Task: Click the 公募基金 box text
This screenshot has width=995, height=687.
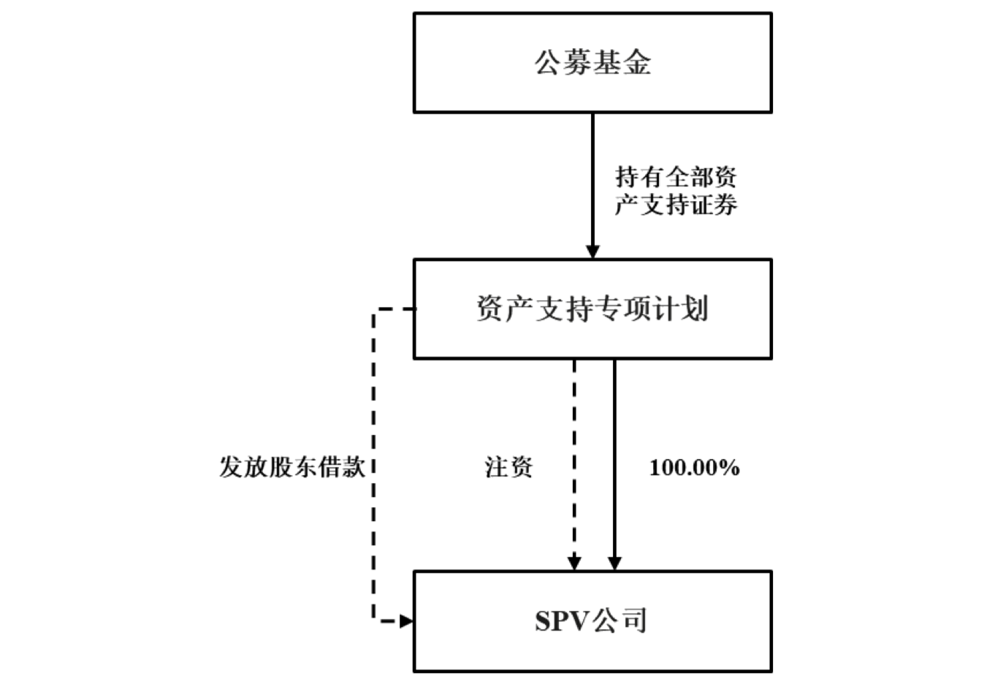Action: click(x=592, y=63)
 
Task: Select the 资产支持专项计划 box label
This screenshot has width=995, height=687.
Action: click(x=592, y=308)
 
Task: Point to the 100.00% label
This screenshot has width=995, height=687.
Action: click(x=694, y=468)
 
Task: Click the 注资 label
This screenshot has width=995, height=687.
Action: click(x=509, y=467)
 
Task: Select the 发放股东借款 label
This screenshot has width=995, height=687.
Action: click(x=292, y=467)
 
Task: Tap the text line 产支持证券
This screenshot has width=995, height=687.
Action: click(x=676, y=205)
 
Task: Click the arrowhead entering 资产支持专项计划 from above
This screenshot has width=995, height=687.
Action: click(x=592, y=251)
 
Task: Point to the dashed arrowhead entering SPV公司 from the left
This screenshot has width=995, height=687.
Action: click(x=406, y=621)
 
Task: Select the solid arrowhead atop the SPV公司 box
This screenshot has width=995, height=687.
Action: click(x=614, y=563)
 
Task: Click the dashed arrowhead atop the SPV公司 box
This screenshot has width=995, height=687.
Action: click(x=575, y=563)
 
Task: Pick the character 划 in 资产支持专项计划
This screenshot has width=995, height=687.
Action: click(x=694, y=308)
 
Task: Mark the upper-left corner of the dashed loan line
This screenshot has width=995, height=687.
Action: click(x=374, y=310)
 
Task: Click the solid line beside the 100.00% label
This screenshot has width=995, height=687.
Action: click(x=614, y=468)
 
